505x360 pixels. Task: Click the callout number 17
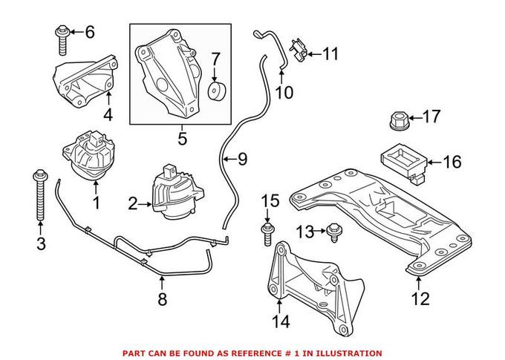pyautogui.click(x=431, y=116)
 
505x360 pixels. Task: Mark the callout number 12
pyautogui.click(x=420, y=299)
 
